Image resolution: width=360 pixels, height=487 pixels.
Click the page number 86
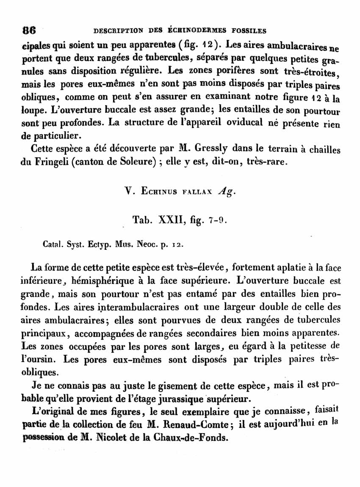[29, 30]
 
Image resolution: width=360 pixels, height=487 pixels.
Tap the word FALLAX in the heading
[197, 192]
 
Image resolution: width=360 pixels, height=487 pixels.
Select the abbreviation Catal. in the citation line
[53, 244]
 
